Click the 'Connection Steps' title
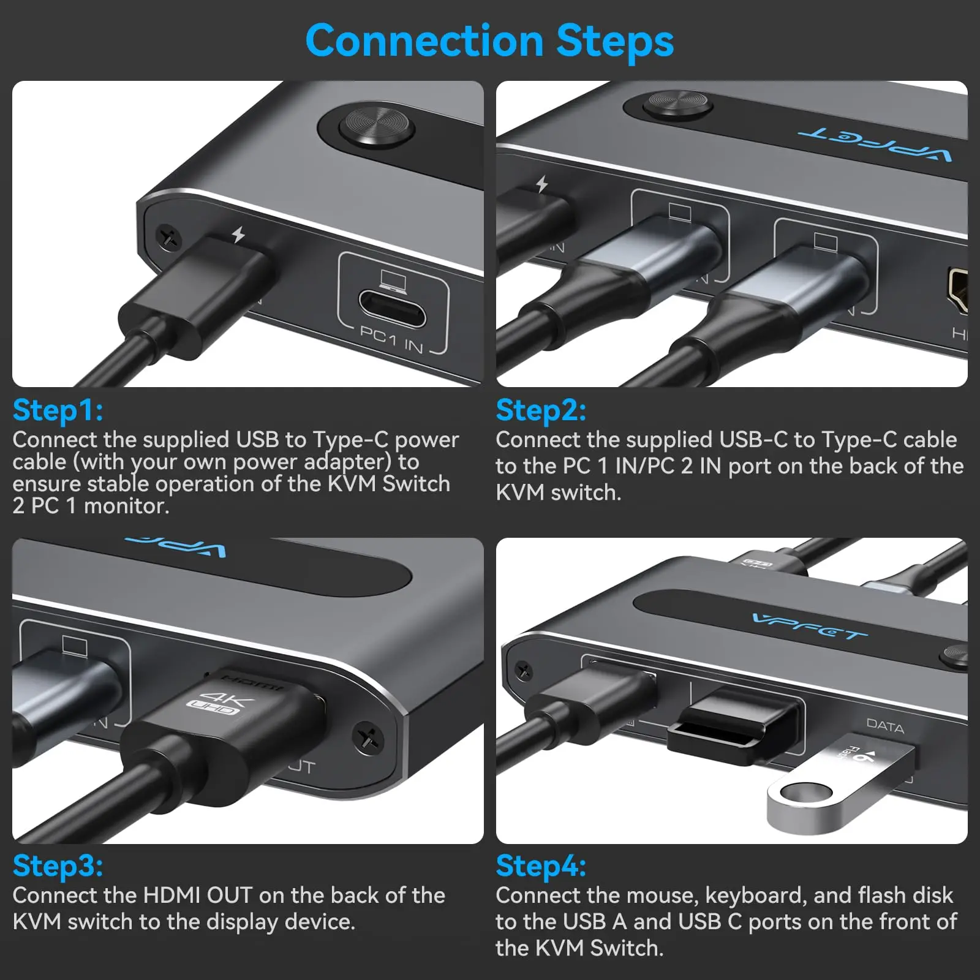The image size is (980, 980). point(489,40)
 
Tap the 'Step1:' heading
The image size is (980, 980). point(58,410)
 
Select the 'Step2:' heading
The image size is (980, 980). point(541,410)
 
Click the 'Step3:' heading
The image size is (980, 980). point(58,865)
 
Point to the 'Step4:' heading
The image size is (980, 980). point(541,865)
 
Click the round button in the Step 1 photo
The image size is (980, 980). point(377,127)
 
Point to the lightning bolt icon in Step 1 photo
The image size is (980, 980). point(238,234)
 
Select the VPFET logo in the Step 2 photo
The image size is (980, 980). point(874,142)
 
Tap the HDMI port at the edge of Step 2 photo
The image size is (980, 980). point(958,290)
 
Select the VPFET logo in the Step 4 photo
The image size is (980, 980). point(810,627)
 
